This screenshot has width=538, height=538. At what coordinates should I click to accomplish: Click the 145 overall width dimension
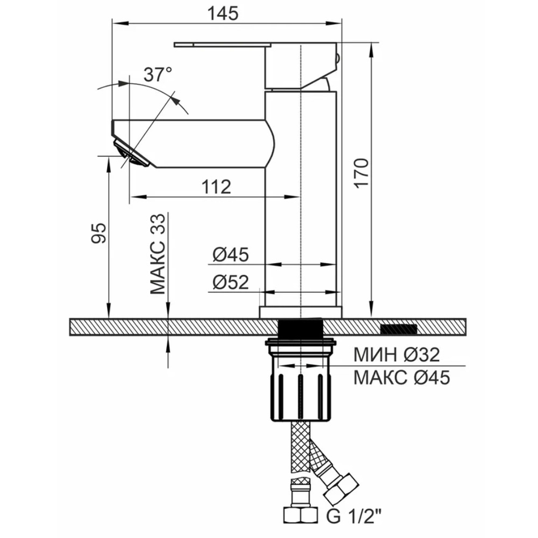click(x=223, y=13)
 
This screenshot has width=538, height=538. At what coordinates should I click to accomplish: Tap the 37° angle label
click(x=158, y=74)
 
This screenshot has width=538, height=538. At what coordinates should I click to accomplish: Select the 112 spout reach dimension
click(x=216, y=187)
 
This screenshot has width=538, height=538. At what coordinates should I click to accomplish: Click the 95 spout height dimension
click(x=99, y=233)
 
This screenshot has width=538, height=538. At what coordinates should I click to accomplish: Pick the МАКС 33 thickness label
click(x=157, y=254)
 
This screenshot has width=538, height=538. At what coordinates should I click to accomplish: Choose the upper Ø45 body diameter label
click(x=231, y=255)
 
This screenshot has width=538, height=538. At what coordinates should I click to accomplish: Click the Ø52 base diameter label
click(x=231, y=282)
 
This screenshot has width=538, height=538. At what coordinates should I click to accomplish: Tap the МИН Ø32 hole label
click(x=397, y=354)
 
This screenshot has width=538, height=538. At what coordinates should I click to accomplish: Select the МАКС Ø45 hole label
click(x=402, y=377)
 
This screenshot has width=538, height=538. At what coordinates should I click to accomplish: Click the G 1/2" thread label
click(x=354, y=516)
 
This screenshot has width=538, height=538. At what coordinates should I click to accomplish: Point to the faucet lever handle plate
click(x=223, y=45)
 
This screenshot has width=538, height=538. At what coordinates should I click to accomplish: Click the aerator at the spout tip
click(x=132, y=154)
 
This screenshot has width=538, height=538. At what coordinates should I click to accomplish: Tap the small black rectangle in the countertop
click(x=399, y=329)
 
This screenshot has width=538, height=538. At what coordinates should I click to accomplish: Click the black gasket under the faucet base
click(x=300, y=328)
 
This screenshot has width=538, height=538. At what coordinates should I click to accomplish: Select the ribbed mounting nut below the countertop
click(x=300, y=380)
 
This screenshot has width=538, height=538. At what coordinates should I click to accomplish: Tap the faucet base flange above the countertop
click(x=301, y=312)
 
